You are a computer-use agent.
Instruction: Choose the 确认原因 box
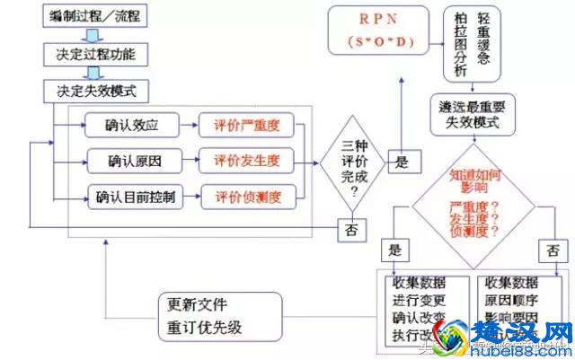click(x=130, y=161)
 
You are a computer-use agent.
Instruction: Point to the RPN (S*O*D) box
click(x=378, y=31)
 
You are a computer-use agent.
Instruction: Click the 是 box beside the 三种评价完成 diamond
click(x=402, y=162)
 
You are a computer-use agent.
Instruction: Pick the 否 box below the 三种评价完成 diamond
click(x=351, y=230)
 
